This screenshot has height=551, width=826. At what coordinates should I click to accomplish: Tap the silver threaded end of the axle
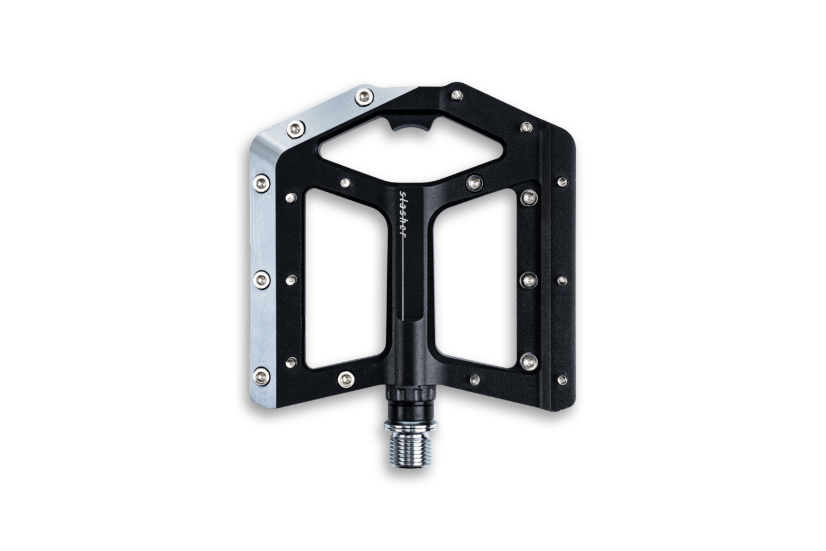(411, 449)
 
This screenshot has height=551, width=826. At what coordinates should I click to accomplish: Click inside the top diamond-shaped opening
(410, 152)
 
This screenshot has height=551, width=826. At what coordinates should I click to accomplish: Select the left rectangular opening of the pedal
(345, 280)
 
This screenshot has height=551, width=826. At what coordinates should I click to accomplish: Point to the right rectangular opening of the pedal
(476, 280)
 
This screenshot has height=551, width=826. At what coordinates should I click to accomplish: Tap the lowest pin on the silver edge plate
(262, 377)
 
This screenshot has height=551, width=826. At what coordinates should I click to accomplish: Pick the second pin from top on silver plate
(296, 129)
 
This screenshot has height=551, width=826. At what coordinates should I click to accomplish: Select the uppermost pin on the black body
(457, 95)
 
